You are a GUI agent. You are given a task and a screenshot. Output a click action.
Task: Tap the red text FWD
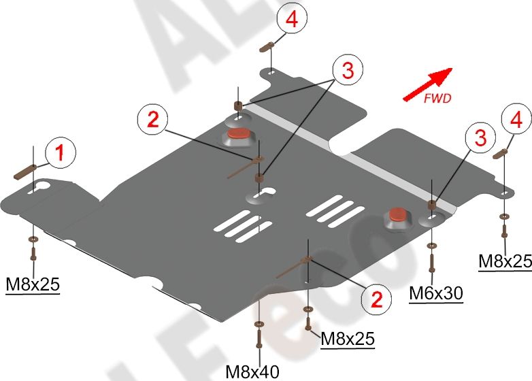coord(437,98)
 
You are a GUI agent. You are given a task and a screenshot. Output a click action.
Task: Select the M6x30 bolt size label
coord(436,293)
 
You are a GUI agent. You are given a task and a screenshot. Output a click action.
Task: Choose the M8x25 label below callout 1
coord(32,284)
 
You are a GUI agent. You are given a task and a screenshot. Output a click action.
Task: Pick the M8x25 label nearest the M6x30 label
coord(505,261)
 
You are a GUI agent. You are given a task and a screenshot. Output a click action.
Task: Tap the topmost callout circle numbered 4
coord(291,20)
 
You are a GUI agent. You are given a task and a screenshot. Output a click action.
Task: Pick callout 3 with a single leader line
coord(480,138)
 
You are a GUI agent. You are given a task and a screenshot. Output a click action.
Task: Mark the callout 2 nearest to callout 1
coord(152,120)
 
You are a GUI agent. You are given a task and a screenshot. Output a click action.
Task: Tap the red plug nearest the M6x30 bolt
coord(398,218)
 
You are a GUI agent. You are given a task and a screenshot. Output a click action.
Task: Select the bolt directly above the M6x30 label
coord(431,259)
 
